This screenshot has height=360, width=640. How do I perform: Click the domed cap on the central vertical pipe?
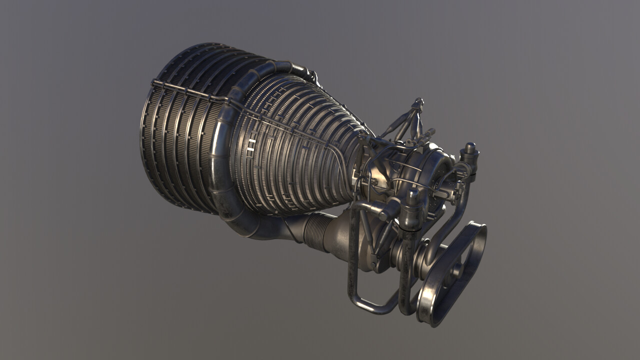tap(412, 194)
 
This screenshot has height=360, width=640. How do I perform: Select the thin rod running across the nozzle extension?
tap(190, 92)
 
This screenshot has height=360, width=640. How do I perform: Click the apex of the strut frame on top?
tap(417, 103)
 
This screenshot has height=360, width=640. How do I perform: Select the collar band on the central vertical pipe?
tap(410, 225)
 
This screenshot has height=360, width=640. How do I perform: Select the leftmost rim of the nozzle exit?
tap(145, 130)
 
